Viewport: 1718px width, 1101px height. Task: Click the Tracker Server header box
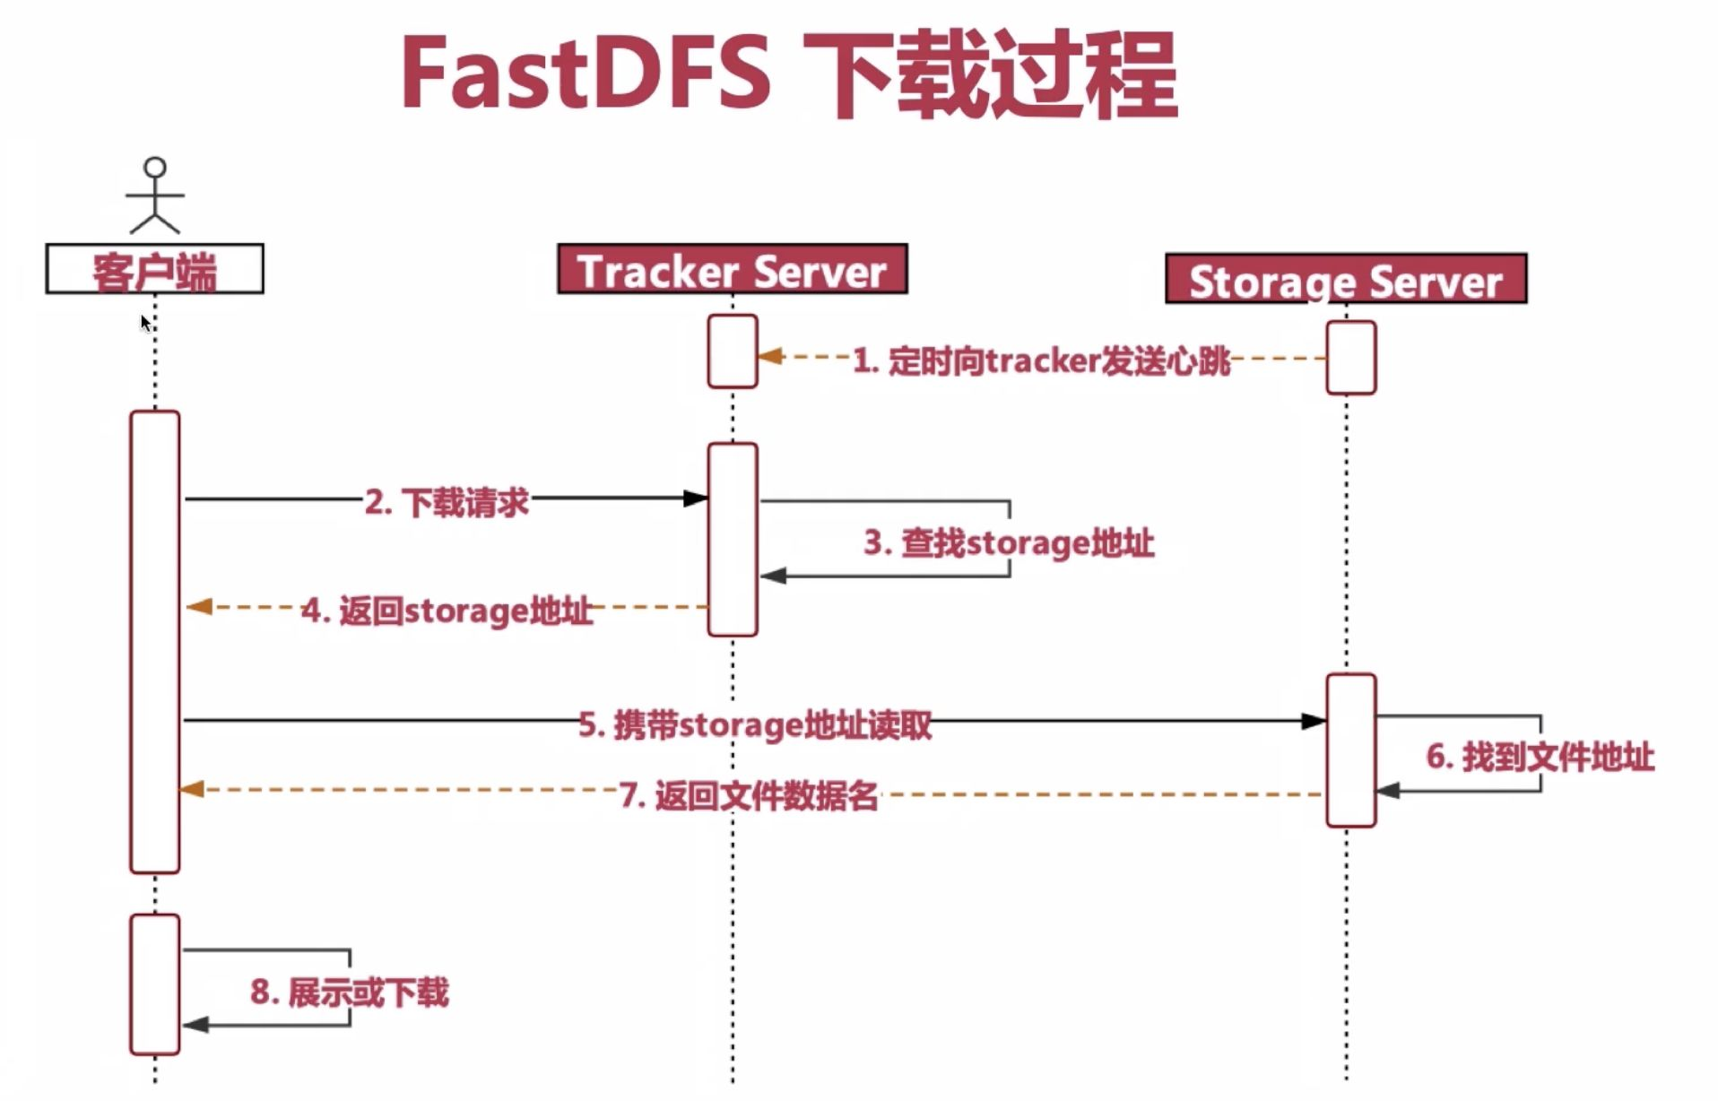coord(732,269)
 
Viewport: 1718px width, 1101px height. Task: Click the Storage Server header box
coord(1345,280)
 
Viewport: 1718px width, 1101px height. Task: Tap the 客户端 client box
coord(154,269)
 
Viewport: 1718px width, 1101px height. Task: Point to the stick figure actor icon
coord(155,195)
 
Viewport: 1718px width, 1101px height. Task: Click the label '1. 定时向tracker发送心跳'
coord(1041,360)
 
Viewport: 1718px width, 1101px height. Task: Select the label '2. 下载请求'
coord(447,502)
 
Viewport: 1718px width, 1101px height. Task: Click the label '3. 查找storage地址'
coord(1009,542)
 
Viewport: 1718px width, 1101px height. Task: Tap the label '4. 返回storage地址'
coord(447,611)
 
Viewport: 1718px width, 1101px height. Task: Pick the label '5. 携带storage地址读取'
coord(755,724)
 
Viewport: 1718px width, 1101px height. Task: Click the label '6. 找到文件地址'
coord(1540,757)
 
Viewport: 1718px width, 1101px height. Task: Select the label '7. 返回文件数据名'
coord(749,795)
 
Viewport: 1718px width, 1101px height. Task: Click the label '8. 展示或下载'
coord(350,993)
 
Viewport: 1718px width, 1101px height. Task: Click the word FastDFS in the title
coord(585,74)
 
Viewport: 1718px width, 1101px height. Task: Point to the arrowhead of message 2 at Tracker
coord(696,498)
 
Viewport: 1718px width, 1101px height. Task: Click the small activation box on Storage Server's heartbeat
coord(1350,358)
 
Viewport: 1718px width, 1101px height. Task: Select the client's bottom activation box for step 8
coord(154,984)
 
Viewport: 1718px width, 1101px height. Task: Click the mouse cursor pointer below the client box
coord(145,323)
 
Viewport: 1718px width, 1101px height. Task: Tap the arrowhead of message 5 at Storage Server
coord(1314,721)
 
